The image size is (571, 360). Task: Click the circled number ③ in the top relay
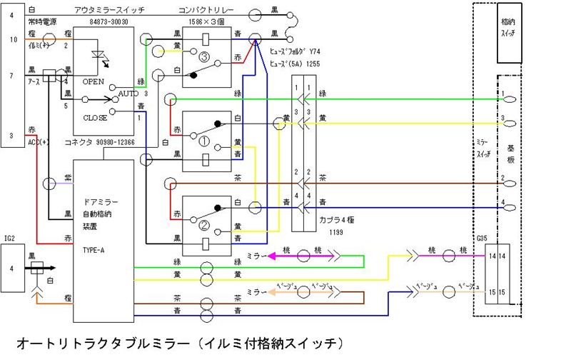coord(204,56)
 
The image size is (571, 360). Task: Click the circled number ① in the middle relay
coord(204,141)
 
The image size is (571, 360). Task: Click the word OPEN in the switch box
coord(94,81)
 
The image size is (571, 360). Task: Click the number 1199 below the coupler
coord(318,232)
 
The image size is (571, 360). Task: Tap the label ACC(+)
coord(39,141)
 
